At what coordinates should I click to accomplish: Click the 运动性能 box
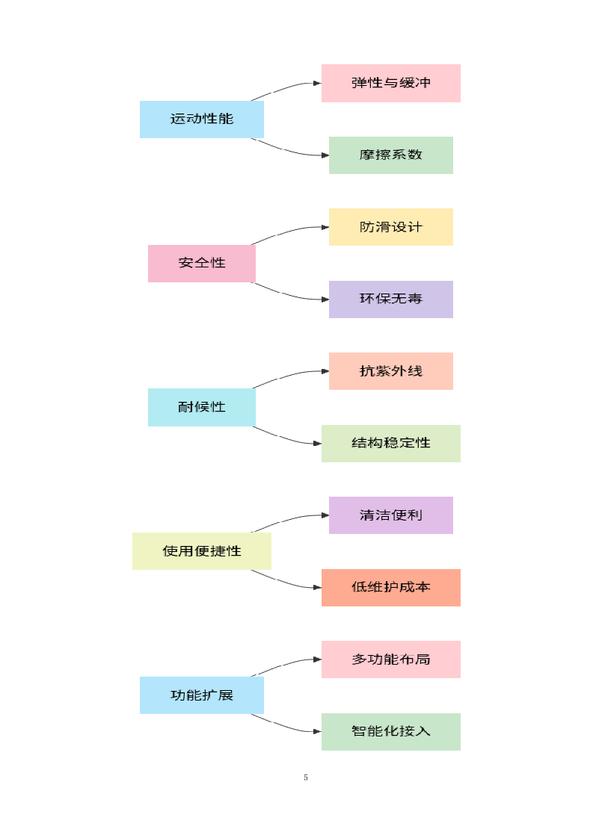pos(201,119)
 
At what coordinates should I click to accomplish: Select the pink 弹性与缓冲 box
pos(390,83)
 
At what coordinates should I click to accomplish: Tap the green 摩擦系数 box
pos(390,155)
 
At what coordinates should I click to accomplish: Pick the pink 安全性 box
pos(201,263)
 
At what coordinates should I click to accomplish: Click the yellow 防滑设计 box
pos(390,227)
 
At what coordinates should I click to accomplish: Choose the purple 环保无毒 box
pos(390,299)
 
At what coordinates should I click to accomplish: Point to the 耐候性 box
pos(201,407)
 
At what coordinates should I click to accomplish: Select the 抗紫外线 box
pos(390,371)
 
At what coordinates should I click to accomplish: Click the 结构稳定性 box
pos(390,443)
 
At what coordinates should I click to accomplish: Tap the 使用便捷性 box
pos(201,551)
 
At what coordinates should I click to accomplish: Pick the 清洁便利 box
pos(390,515)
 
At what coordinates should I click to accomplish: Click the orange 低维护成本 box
pos(390,587)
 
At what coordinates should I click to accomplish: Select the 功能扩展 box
pos(201,695)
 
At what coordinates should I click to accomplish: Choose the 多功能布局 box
pos(390,659)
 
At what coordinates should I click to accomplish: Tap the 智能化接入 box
pos(390,731)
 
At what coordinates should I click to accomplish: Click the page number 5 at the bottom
pos(306,778)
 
